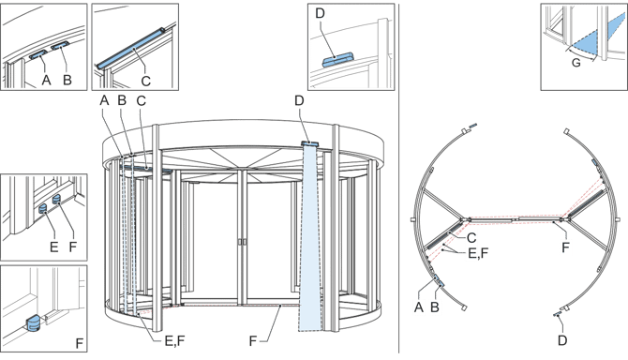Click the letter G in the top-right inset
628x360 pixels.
tap(576, 63)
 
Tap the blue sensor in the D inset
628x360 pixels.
tap(338, 60)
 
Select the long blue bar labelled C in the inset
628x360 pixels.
tap(130, 47)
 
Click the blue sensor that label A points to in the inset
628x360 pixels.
tap(38, 55)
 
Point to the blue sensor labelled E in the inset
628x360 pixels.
tap(43, 208)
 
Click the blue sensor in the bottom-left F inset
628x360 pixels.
tap(33, 322)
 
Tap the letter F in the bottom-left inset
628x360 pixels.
tap(80, 343)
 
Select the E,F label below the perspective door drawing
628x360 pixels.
tap(175, 340)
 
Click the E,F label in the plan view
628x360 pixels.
tap(478, 253)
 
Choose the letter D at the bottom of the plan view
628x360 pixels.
tap(562, 340)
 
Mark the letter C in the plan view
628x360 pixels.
tap(471, 238)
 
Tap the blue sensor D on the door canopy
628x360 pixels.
tap(309, 142)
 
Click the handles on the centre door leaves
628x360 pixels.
tap(242, 242)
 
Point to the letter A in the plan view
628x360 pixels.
tap(419, 307)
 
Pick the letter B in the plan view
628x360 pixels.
tap(435, 307)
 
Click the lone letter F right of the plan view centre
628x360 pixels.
tap(565, 247)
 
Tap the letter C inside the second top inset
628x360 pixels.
tap(146, 81)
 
